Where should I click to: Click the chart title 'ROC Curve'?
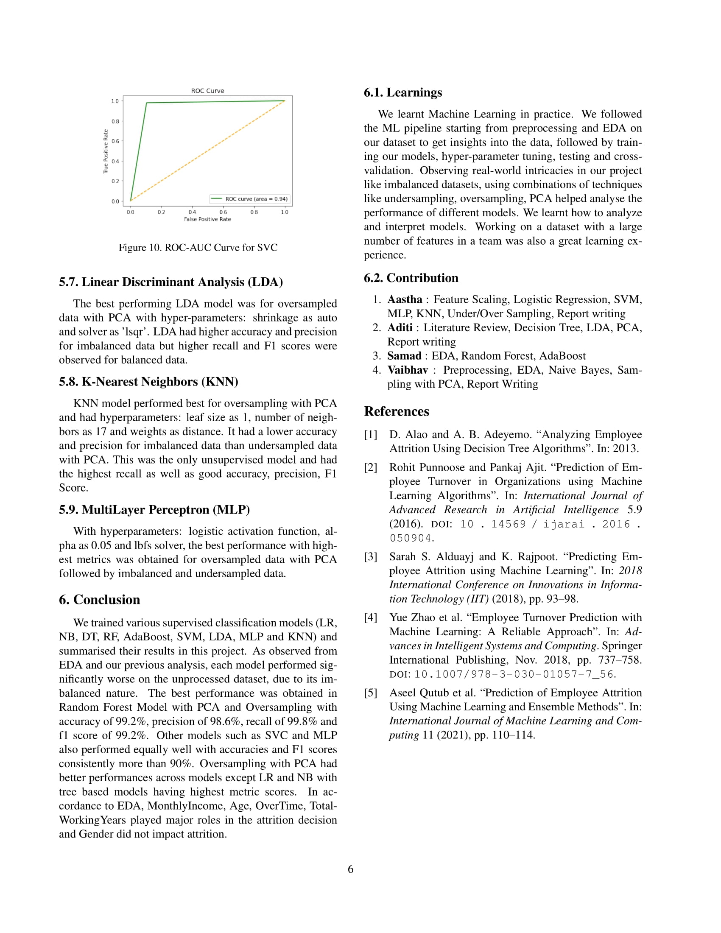[x=207, y=91]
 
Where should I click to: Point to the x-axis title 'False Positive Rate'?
[x=207, y=219]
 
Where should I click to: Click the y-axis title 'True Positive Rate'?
[x=106, y=151]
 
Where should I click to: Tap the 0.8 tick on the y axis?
[x=115, y=121]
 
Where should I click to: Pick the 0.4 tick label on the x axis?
[x=192, y=212]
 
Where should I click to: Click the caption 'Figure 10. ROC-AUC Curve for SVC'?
[x=198, y=247]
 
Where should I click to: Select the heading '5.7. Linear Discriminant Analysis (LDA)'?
[x=171, y=282]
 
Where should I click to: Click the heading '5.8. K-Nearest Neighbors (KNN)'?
[x=148, y=382]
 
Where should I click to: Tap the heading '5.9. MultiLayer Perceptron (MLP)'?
[x=154, y=510]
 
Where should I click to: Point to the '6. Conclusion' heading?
[x=100, y=600]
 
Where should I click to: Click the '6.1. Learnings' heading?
[x=403, y=92]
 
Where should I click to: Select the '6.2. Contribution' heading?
[x=411, y=278]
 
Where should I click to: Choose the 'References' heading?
[x=397, y=411]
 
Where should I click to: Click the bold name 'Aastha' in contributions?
[x=405, y=299]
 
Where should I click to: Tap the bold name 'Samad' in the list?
[x=404, y=356]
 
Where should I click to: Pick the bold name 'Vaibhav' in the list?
[x=408, y=370]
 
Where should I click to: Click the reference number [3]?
[x=370, y=557]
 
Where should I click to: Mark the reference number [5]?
[x=370, y=693]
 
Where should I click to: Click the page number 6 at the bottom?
[x=351, y=869]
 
